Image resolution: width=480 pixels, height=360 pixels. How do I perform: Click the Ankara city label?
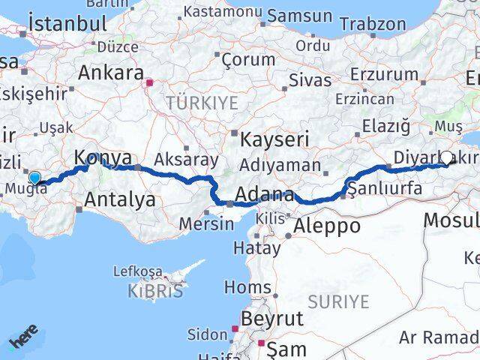(x=112, y=73)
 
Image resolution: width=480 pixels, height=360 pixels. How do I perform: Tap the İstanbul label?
(x=67, y=23)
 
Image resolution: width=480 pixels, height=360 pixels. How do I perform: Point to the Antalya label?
(x=120, y=199)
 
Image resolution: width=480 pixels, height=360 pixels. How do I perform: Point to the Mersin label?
(x=206, y=223)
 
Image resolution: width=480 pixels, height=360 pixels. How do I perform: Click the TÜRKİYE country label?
(x=202, y=102)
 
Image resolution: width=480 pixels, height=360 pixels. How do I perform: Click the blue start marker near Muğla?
(x=34, y=177)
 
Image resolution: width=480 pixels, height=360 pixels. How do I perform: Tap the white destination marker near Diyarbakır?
(x=447, y=157)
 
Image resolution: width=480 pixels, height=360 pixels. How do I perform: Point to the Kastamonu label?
(x=223, y=13)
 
